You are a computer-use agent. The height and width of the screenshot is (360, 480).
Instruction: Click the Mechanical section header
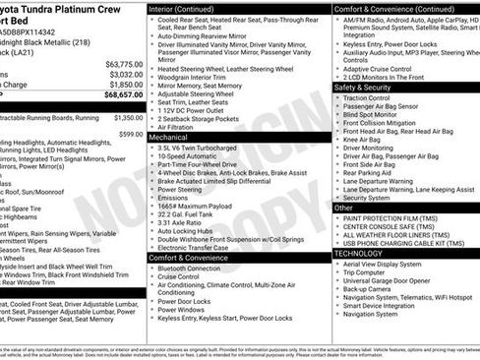[x=168, y=138]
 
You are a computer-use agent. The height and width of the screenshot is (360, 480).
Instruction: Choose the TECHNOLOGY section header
[x=358, y=253]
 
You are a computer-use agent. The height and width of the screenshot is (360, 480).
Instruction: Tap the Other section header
[x=344, y=208]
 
